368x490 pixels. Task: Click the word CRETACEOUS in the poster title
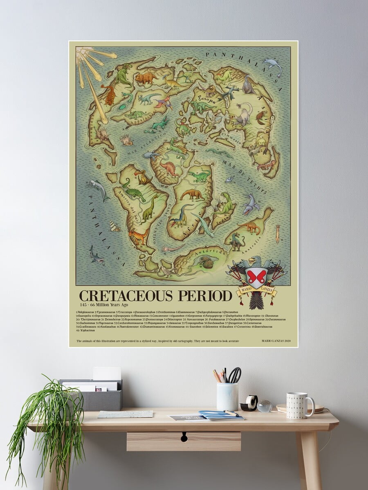coord(132,295)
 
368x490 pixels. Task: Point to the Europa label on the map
coord(206,98)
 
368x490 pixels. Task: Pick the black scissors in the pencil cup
coord(235,375)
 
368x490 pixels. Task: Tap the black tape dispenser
coord(249,403)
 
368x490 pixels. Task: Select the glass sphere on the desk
coord(265,406)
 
